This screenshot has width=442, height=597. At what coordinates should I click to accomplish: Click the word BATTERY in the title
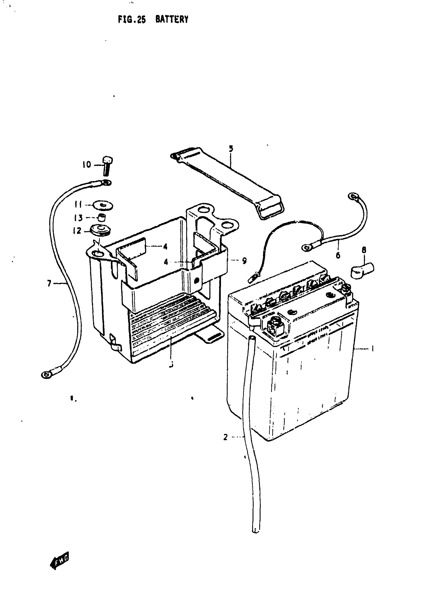(172, 20)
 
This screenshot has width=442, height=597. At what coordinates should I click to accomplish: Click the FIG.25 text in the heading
(132, 20)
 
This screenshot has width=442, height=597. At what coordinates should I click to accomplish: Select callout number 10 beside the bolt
(87, 164)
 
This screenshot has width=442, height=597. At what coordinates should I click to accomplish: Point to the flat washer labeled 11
(103, 206)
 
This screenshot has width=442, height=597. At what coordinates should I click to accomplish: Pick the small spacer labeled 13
(101, 217)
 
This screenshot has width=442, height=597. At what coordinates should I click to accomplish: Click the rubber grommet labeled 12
(101, 230)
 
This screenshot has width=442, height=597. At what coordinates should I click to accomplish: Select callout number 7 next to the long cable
(49, 283)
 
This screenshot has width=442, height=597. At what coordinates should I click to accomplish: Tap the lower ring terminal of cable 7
(47, 375)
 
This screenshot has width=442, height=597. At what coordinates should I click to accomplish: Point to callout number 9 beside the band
(244, 260)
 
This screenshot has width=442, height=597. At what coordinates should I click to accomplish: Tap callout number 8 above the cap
(364, 250)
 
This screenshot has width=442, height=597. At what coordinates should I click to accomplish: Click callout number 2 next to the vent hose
(225, 437)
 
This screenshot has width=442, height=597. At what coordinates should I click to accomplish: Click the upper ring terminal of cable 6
(353, 197)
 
